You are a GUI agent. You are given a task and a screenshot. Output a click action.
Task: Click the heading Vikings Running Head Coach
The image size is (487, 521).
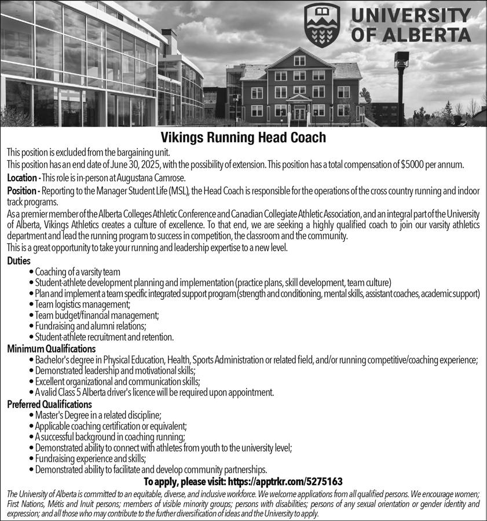pos(243,138)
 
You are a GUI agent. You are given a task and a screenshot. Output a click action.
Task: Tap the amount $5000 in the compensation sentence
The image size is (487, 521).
pos(415,164)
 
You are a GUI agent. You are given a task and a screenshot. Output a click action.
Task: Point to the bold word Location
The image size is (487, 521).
pos(22,177)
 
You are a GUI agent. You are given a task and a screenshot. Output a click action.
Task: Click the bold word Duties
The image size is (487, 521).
pos(19,261)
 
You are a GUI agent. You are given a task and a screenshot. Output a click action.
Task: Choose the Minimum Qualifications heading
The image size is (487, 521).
pos(51,348)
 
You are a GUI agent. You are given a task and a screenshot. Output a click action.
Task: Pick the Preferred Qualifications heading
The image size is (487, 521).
pos(49,404)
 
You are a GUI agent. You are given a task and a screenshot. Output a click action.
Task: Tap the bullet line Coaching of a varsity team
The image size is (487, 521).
pos(78,271)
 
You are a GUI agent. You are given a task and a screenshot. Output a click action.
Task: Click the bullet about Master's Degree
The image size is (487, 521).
pos(98,414)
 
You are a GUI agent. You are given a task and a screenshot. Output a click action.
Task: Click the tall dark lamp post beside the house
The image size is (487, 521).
pos(399,87)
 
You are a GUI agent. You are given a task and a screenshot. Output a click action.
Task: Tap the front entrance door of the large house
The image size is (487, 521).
pos(299,113)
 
